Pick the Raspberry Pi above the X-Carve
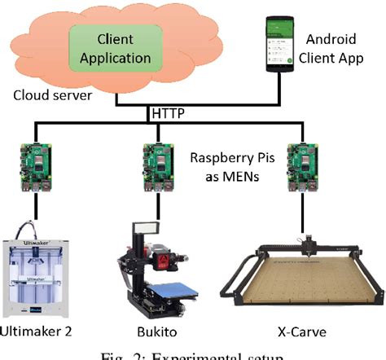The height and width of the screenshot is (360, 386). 303,166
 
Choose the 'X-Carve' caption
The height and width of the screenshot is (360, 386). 303,331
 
